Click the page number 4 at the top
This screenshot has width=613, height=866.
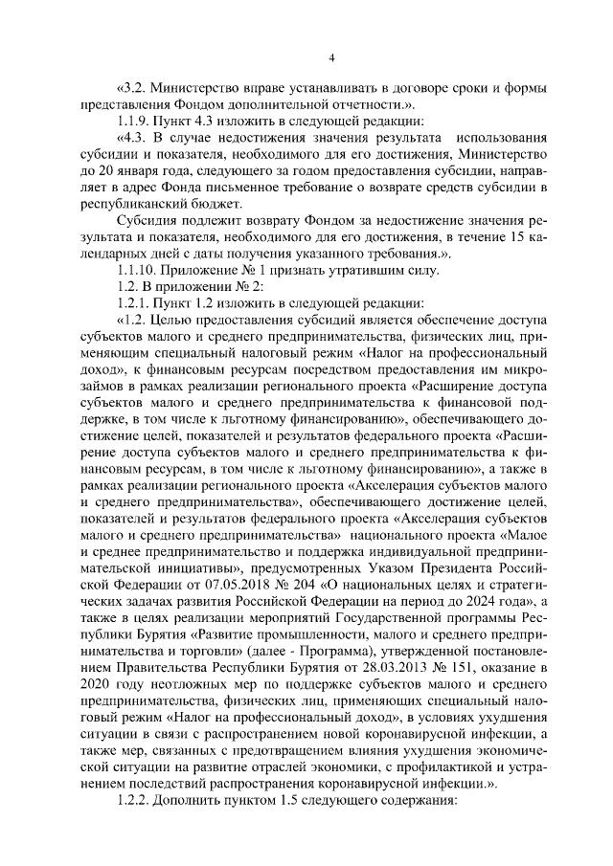coord(330,59)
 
